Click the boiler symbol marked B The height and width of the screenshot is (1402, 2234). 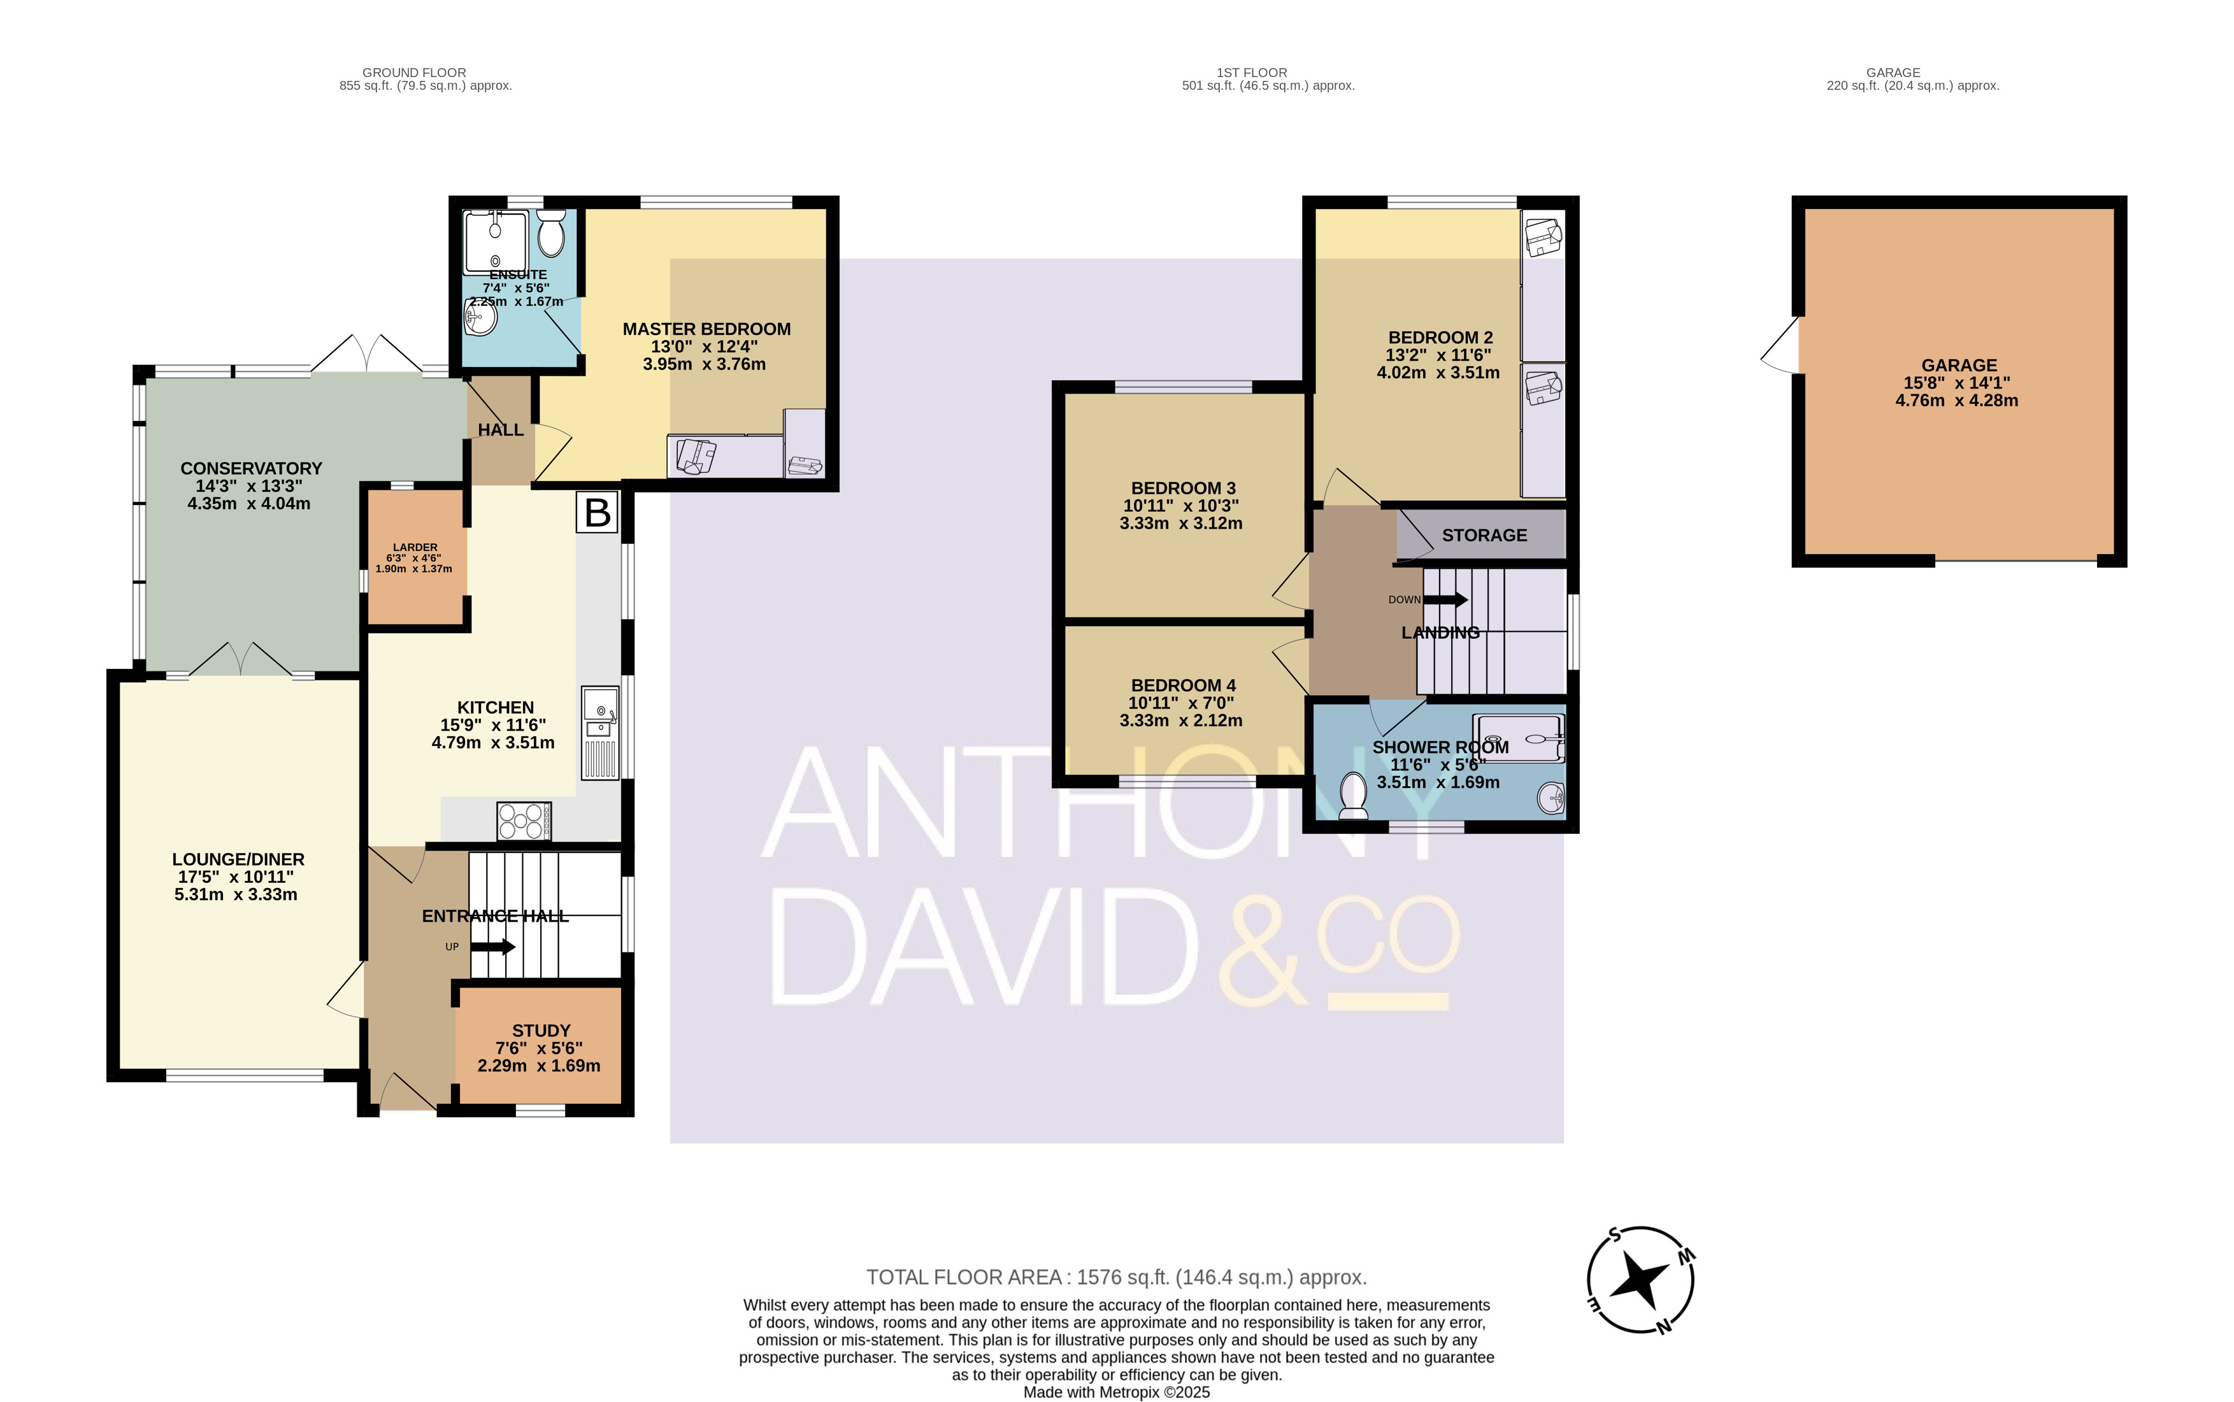tap(598, 512)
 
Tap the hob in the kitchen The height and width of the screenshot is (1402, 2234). tap(524, 820)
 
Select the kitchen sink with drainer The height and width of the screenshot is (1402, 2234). tap(600, 733)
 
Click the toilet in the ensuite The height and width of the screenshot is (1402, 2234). tap(551, 232)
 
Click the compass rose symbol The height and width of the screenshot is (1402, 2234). tap(1640, 1280)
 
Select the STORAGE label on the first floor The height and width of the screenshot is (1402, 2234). tap(1484, 535)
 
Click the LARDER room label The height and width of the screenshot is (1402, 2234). tap(415, 547)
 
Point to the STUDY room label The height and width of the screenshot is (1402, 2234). tap(541, 1030)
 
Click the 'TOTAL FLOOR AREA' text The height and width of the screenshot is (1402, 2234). tap(964, 1277)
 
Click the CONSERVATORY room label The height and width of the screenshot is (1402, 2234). tap(250, 468)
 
